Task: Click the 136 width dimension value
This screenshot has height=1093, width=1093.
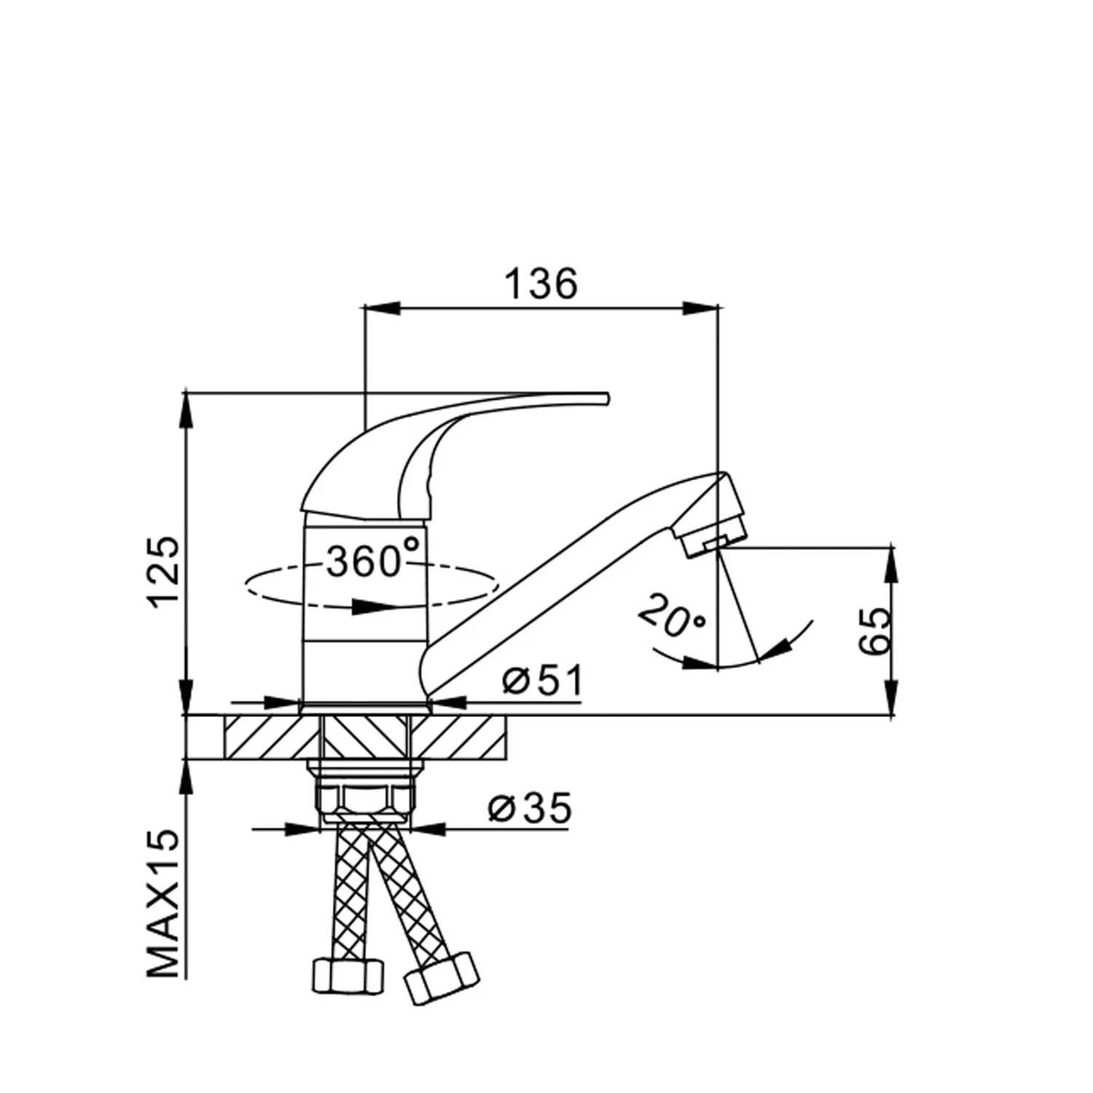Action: coord(541,283)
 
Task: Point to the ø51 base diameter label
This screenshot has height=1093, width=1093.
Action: coord(543,681)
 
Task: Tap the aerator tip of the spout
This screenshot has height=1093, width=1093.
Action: coord(714,539)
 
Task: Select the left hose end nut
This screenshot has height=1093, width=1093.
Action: coord(348,974)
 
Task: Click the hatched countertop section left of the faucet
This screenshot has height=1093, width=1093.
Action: coord(271,736)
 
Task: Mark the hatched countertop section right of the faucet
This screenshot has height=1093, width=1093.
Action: coord(458,736)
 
